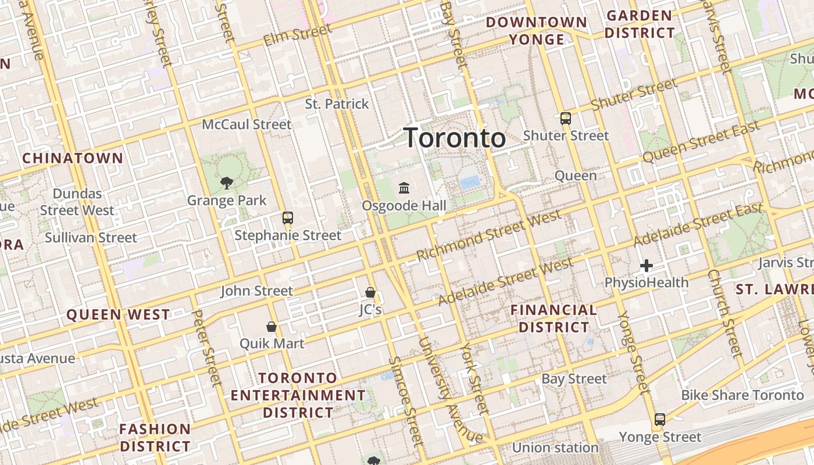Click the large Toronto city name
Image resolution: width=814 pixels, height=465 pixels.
point(455,138)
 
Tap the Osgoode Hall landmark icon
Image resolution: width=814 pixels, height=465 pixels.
point(404,188)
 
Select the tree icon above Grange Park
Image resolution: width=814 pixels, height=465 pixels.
point(226,183)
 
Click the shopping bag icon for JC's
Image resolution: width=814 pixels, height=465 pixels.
point(370,292)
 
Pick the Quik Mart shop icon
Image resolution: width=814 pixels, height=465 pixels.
point(271,326)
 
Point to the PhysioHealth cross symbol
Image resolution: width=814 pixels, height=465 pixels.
point(646,266)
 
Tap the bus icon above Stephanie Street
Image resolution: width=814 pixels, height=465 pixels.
point(287,218)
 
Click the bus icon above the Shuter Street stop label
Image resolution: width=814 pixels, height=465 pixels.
point(565,119)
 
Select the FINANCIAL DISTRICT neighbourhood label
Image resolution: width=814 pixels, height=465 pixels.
point(554,319)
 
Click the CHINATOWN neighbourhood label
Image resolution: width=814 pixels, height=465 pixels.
point(73,158)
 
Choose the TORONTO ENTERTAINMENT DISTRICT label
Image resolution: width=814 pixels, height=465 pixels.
point(298,395)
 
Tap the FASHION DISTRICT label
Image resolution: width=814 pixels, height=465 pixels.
point(155,438)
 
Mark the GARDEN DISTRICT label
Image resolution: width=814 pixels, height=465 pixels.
point(640,24)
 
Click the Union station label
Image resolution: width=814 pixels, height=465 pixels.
point(555,448)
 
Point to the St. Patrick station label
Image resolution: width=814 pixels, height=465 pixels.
point(337,104)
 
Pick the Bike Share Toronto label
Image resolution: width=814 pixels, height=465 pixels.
point(742,395)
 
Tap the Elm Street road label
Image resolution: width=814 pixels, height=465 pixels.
point(298,35)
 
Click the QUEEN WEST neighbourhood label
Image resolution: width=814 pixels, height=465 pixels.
point(118,315)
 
